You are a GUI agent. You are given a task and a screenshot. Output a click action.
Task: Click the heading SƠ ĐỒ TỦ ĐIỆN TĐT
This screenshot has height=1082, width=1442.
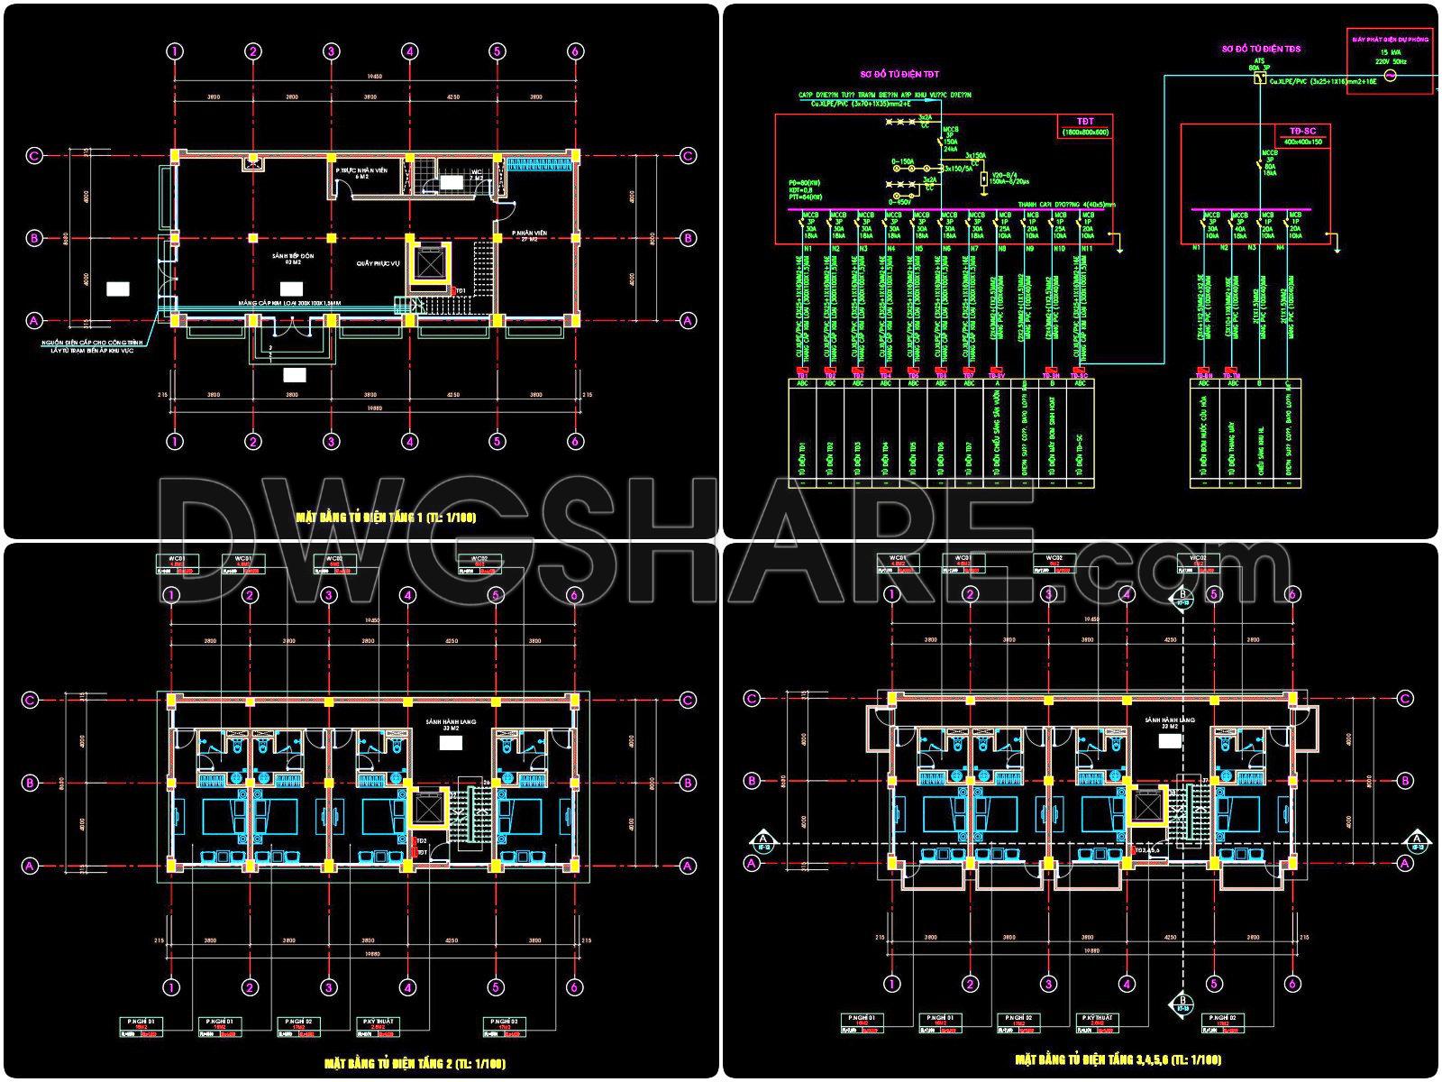tap(900, 75)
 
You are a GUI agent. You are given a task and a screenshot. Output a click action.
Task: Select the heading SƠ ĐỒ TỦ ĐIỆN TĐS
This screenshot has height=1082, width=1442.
tap(1261, 50)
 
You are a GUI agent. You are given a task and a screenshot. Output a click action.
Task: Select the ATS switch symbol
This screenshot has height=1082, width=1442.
tap(1258, 78)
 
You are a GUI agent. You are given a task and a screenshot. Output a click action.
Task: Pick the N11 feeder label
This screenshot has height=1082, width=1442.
tap(1086, 248)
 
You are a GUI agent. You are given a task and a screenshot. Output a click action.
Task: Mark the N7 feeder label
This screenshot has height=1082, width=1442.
tap(975, 248)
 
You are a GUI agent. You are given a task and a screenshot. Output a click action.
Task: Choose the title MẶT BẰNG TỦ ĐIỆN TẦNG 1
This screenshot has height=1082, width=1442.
tap(386, 518)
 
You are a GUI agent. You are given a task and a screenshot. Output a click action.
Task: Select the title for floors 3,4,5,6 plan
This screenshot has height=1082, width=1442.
tap(1118, 1059)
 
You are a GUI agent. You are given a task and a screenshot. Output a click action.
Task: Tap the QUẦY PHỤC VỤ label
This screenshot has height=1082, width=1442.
tap(377, 264)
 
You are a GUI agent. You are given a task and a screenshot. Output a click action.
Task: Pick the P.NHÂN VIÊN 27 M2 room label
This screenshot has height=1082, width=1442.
tap(529, 236)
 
